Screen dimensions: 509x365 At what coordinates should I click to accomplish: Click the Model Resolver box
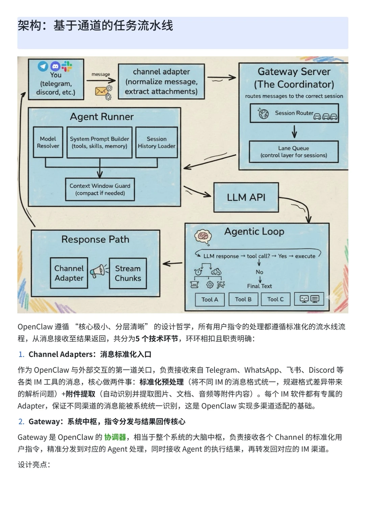[x=48, y=142]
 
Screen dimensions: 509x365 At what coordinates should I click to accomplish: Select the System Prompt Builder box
[x=99, y=142]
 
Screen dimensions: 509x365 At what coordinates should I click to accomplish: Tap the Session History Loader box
[x=156, y=142]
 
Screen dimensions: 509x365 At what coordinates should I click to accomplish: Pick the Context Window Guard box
[x=100, y=189]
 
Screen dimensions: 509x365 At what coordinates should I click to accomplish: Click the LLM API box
[x=246, y=197]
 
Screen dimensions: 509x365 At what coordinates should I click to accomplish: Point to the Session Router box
[x=294, y=113]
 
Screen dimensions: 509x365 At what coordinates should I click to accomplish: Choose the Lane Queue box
[x=294, y=152]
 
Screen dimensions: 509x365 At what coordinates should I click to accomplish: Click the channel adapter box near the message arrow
[x=161, y=81]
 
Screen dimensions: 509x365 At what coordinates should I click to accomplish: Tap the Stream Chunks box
[x=128, y=273]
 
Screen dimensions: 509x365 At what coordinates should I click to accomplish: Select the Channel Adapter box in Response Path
[x=69, y=273]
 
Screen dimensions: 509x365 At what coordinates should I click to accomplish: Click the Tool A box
[x=210, y=299]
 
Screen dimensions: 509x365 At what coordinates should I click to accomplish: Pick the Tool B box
[x=243, y=299]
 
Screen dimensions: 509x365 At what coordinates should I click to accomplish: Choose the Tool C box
[x=275, y=299]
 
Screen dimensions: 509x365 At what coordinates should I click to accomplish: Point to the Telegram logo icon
[x=43, y=66]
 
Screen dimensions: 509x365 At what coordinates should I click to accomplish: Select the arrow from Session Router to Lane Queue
[x=294, y=131]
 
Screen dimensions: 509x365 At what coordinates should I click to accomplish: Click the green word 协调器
[x=115, y=437]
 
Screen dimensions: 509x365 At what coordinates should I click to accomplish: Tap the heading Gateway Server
[x=294, y=72]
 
